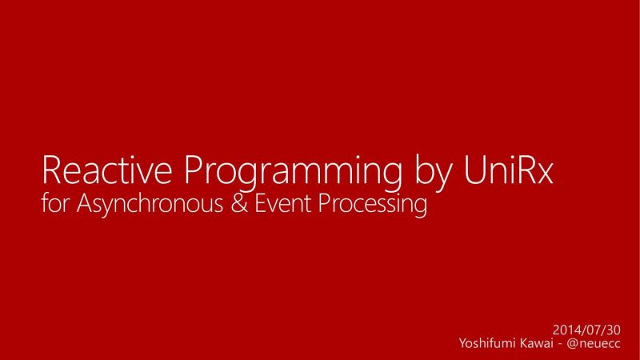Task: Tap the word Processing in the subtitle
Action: click(x=370, y=206)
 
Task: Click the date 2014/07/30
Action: click(x=587, y=329)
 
